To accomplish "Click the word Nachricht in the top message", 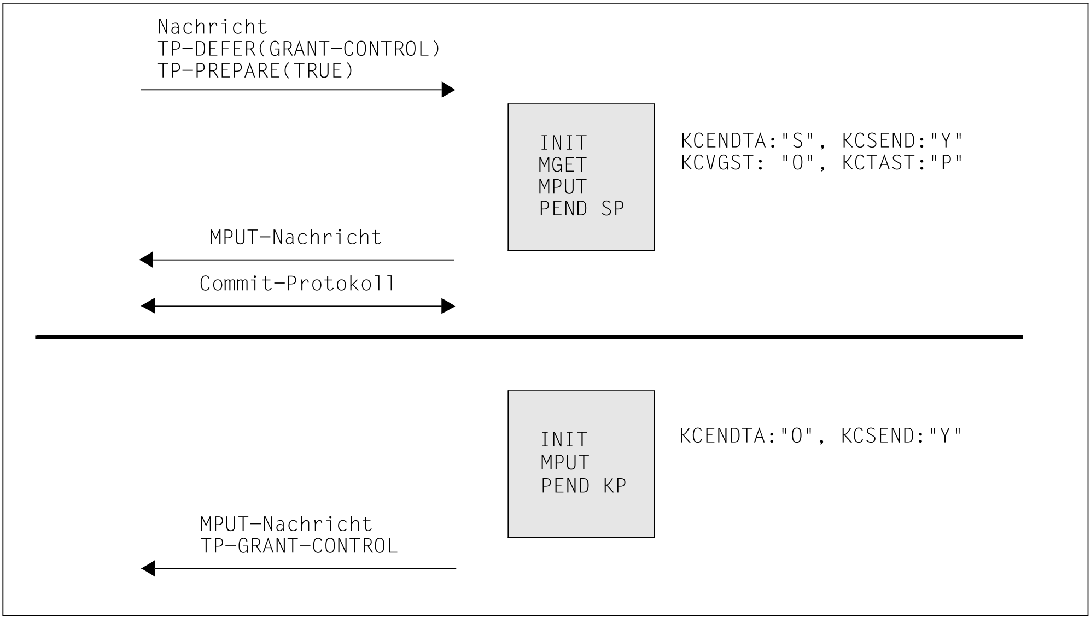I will tap(212, 27).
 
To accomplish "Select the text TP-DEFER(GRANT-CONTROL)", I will tap(299, 49).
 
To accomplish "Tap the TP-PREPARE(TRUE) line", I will tap(255, 71).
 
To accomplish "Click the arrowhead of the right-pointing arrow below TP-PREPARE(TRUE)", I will tap(448, 90).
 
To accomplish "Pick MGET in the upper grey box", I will tap(562, 165).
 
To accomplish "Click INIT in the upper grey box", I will tap(563, 143).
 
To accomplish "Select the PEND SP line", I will tap(581, 209).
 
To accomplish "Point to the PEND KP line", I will tap(583, 486).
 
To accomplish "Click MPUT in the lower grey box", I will tap(564, 463).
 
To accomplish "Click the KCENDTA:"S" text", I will tap(749, 141).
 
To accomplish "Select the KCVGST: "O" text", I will tap(749, 163).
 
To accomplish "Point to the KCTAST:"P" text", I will tap(902, 163).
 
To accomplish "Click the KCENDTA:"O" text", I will tap(748, 436).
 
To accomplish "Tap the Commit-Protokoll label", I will tap(297, 284).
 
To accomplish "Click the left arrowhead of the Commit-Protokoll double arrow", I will tap(148, 306).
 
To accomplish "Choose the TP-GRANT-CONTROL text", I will tap(299, 546).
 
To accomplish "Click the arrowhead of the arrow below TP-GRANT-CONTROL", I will tap(148, 569).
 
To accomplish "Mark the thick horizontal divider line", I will tap(528, 337).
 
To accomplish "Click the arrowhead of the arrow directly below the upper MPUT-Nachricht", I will tap(147, 260).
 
